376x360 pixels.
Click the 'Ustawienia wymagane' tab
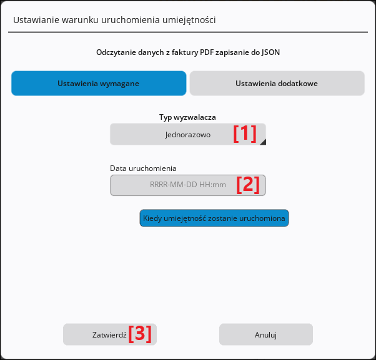[x=99, y=83]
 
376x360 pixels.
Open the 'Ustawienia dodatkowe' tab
[x=277, y=83]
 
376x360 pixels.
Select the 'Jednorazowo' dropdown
[x=188, y=134]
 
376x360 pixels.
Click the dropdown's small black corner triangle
[x=264, y=142]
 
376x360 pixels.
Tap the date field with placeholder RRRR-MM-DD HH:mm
[x=188, y=185]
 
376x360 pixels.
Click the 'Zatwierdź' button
[x=110, y=334]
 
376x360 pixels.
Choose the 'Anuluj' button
[x=266, y=334]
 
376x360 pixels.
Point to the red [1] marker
[x=245, y=134]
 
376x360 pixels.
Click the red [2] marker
[x=248, y=185]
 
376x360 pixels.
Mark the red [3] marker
[x=140, y=334]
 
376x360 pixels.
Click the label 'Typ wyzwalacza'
[x=187, y=117]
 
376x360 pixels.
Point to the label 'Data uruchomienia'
[x=143, y=168]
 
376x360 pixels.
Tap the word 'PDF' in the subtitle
[x=207, y=52]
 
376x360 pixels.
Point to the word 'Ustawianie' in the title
[x=36, y=20]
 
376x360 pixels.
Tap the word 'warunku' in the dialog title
[x=80, y=20]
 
